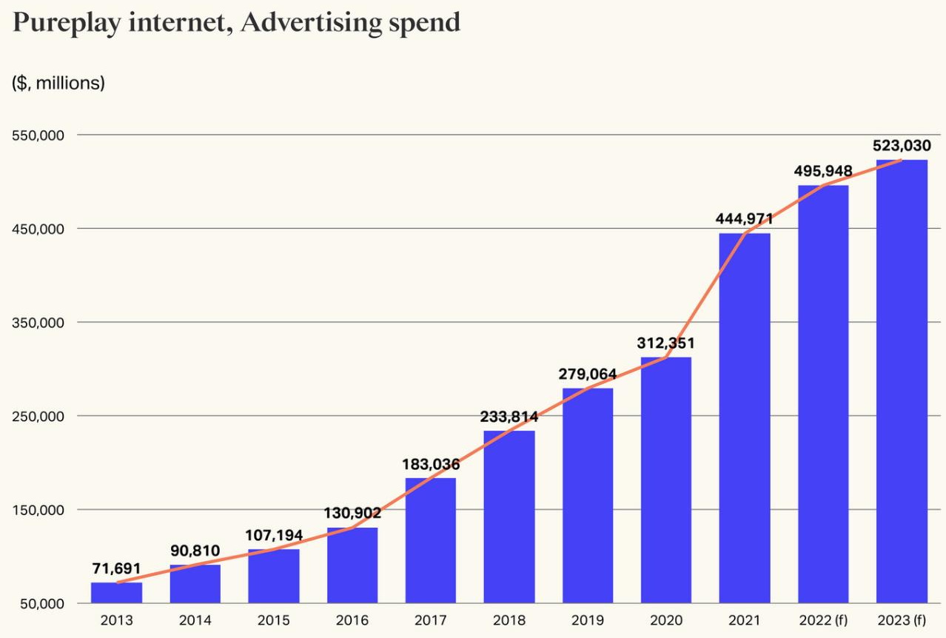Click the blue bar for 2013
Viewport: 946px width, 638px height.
click(116, 592)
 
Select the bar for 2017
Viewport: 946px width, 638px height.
click(430, 540)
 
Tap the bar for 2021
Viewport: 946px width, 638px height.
click(744, 418)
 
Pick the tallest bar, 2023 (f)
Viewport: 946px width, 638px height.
click(901, 381)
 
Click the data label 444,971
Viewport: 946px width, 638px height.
click(744, 219)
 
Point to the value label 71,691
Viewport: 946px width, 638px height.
click(116, 568)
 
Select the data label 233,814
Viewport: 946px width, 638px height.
click(509, 417)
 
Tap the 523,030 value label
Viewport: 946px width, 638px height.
click(901, 146)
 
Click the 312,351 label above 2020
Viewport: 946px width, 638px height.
click(665, 343)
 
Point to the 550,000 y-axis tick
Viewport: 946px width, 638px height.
click(39, 135)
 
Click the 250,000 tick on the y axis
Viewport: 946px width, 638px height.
click(39, 416)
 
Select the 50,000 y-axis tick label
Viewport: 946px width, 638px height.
click(42, 603)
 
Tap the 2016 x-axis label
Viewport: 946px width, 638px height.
click(352, 621)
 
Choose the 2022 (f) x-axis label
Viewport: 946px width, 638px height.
click(822, 621)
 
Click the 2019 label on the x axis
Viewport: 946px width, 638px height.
click(587, 621)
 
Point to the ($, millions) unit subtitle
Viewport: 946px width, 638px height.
click(58, 83)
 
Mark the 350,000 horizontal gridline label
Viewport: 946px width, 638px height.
click(39, 322)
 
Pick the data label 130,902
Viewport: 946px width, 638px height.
click(352, 513)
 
